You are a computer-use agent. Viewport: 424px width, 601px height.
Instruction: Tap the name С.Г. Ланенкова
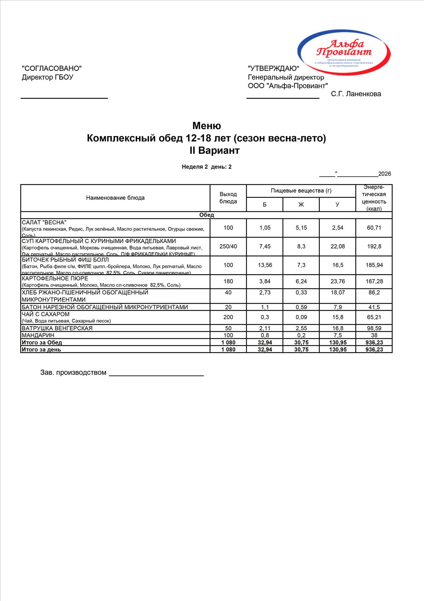coord(356,94)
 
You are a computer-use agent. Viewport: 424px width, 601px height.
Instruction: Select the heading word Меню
coord(207,126)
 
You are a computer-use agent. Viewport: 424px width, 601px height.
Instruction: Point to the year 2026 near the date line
coord(384,174)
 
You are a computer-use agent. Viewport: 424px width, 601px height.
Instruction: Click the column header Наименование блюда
coord(115,198)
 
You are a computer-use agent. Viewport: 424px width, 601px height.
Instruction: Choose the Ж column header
coord(301,205)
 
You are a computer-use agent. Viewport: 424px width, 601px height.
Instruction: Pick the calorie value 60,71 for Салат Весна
coord(374,228)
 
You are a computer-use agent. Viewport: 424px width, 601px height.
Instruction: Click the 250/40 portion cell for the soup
coord(228,246)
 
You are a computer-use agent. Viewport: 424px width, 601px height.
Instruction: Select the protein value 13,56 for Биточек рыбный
coord(265,265)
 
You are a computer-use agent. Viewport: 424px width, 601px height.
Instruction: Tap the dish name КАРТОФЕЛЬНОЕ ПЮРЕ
coord(55,279)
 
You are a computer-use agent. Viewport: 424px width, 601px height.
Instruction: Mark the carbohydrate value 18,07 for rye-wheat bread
coord(337,293)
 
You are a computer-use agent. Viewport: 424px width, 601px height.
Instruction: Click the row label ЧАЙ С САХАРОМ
coord(46,314)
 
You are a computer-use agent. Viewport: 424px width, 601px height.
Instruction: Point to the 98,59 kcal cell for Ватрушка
coord(374,328)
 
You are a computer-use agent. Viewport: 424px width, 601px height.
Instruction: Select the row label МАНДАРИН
coord(38,335)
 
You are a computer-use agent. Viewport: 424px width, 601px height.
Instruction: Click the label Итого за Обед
coord(42,343)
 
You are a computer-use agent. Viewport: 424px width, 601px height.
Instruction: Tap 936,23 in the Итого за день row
coord(374,350)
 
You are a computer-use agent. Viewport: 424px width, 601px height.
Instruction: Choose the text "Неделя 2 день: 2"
coord(207,167)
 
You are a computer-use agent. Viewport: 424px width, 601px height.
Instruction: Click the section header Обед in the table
coord(207,215)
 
